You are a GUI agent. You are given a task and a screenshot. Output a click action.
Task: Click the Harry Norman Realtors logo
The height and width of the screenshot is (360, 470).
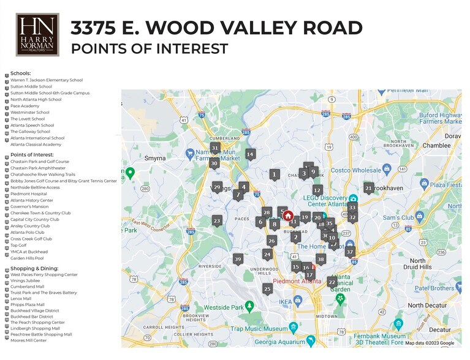tap(37, 35)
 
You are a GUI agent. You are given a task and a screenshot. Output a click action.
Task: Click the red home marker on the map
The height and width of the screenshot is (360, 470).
tap(288, 216)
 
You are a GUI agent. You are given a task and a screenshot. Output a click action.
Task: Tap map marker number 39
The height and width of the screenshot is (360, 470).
tap(238, 259)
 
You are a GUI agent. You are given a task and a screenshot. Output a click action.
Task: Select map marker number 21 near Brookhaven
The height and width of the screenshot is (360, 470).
tap(368, 188)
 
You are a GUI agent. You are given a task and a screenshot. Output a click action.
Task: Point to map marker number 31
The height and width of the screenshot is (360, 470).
tap(214, 148)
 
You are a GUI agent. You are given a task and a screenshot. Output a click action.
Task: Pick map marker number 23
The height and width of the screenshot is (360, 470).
tap(216, 220)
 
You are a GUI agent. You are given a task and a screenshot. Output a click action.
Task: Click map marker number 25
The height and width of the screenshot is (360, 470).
tap(267, 288)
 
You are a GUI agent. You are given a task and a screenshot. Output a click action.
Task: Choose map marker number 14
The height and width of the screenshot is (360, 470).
tap(250, 154)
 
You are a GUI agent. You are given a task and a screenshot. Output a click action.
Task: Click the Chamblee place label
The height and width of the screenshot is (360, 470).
tap(436, 146)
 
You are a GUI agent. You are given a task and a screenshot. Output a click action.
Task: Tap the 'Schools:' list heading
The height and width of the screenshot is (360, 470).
tap(20, 73)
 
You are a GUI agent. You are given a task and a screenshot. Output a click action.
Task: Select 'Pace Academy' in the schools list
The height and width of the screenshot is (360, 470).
tap(25, 106)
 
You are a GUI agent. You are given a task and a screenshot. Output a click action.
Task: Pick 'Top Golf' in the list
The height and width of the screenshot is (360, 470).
tap(18, 246)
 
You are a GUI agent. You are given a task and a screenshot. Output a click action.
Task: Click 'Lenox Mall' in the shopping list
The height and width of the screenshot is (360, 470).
tap(21, 298)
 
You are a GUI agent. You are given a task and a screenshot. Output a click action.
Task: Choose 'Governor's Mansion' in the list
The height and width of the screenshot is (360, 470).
tap(29, 207)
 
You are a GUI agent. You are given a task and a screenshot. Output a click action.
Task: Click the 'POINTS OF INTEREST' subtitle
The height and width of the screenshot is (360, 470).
tap(150, 49)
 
